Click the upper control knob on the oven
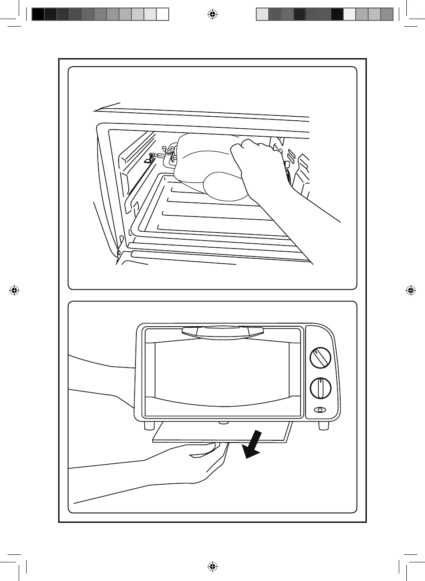[x=321, y=358]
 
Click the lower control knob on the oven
[x=321, y=388]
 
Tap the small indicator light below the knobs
[x=319, y=410]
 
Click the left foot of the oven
[x=147, y=425]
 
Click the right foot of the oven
[x=324, y=425]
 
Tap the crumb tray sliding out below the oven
[x=222, y=432]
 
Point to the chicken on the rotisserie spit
[x=209, y=166]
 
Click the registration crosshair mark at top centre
[x=213, y=15]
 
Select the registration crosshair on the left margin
[x=15, y=291]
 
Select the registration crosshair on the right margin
[x=410, y=291]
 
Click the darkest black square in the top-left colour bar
[x=38, y=14]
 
